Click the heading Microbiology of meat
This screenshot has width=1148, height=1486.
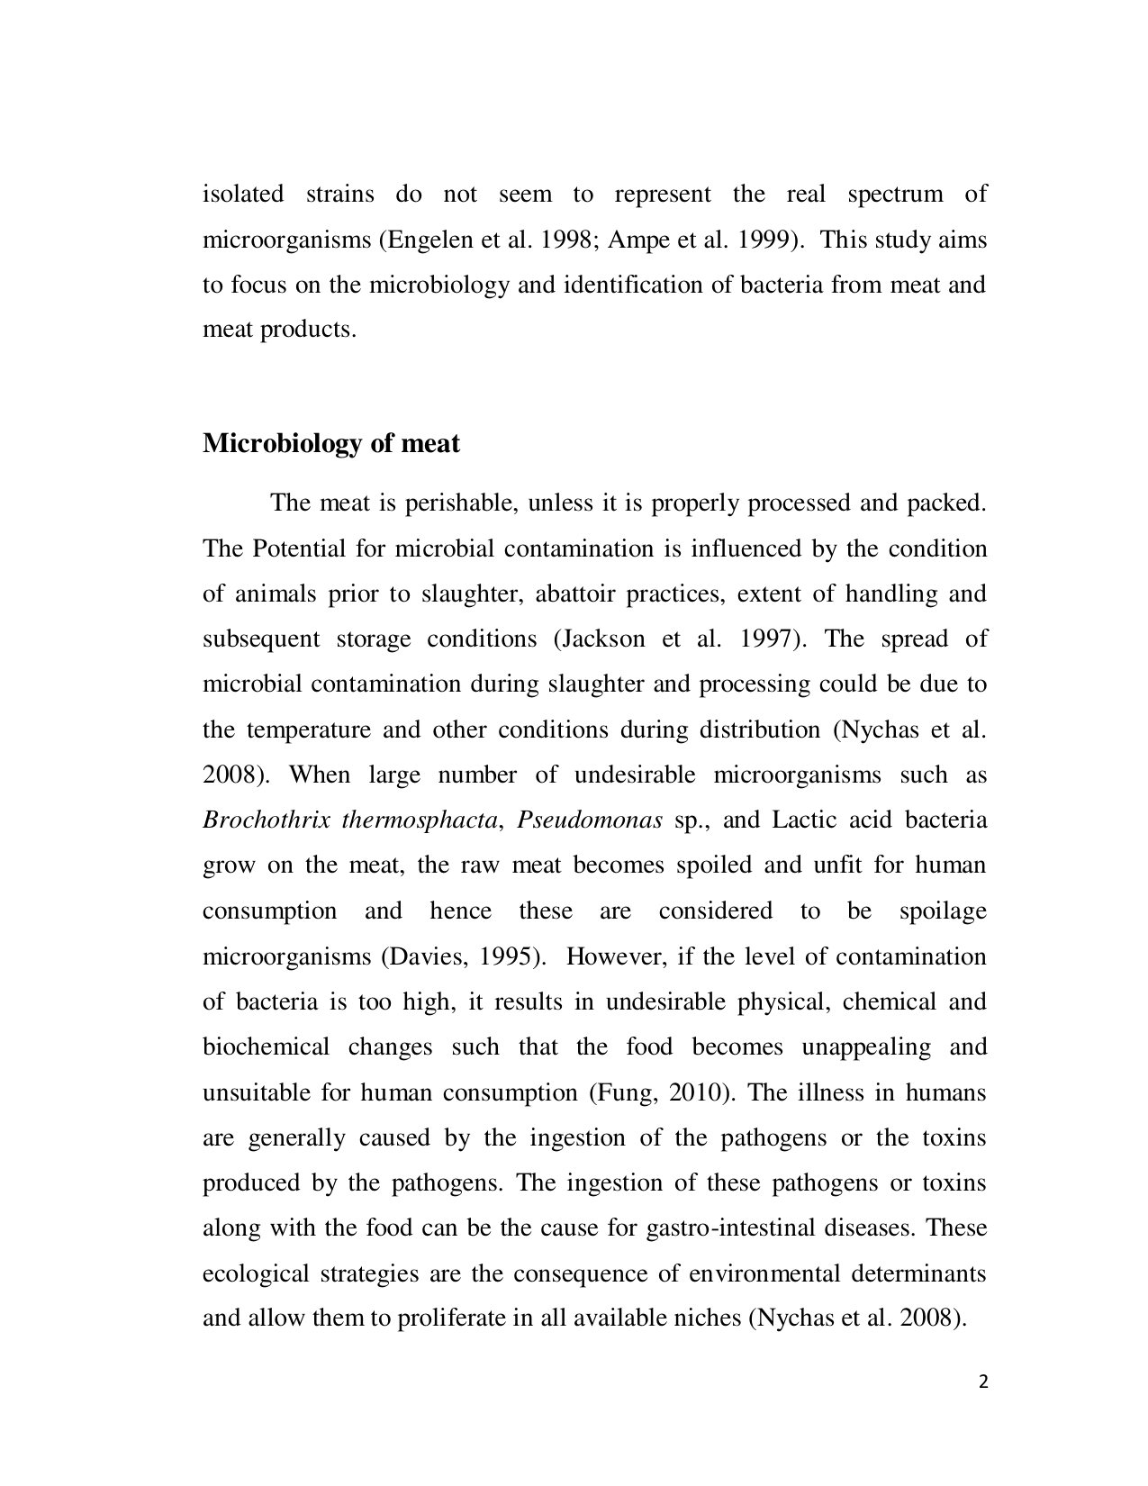[x=330, y=443]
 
